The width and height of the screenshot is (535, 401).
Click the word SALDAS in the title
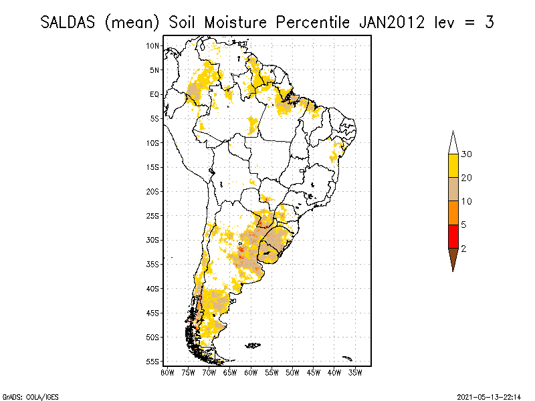[70, 22]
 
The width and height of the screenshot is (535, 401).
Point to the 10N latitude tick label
[153, 45]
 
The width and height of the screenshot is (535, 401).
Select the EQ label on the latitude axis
[154, 94]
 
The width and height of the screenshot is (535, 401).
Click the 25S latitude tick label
[153, 215]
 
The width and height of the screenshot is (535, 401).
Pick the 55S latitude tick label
[153, 362]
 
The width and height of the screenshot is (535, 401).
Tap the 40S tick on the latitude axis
[153, 289]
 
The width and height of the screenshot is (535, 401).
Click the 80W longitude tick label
[167, 372]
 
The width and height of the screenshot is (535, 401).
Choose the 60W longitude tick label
[251, 372]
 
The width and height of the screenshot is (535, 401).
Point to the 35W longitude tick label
[356, 372]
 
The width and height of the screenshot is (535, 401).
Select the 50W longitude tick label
[293, 372]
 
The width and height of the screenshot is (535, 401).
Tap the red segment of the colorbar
[453, 236]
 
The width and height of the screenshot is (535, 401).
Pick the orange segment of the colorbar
[453, 213]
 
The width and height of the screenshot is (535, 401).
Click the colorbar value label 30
[466, 154]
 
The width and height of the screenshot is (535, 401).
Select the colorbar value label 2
[463, 248]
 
